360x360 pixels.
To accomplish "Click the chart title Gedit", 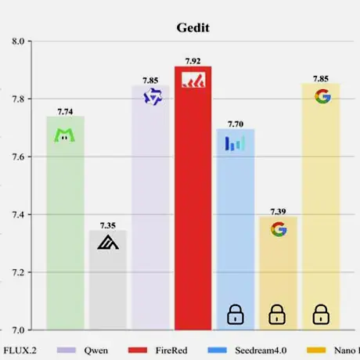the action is pyautogui.click(x=193, y=27).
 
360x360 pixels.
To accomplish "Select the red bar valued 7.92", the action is pyautogui.click(x=193, y=198).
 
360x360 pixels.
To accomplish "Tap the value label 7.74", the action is pyautogui.click(x=65, y=112).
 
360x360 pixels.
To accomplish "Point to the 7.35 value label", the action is pyautogui.click(x=108, y=225).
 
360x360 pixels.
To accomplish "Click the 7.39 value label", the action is pyautogui.click(x=278, y=211).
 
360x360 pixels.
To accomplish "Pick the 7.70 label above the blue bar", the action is pyautogui.click(x=236, y=124).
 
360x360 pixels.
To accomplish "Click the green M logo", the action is pyautogui.click(x=64, y=135).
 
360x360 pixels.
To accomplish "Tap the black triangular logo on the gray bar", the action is pyautogui.click(x=108, y=242).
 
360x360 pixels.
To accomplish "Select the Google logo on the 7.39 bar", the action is pyautogui.click(x=279, y=229).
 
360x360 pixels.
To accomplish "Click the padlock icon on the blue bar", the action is pyautogui.click(x=236, y=315).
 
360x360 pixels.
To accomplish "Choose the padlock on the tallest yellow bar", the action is pyautogui.click(x=321, y=315).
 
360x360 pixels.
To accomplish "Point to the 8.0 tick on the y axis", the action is pyautogui.click(x=18, y=41).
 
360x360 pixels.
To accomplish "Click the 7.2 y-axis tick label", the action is pyautogui.click(x=18, y=272).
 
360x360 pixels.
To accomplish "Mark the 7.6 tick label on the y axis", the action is pyautogui.click(x=18, y=157).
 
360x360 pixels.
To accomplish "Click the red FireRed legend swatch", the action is pyautogui.click(x=138, y=350).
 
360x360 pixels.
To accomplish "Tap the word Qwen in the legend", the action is pyautogui.click(x=95, y=351).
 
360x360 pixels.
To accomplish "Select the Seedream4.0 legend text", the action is pyautogui.click(x=261, y=351).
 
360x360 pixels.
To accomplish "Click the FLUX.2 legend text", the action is pyautogui.click(x=20, y=351).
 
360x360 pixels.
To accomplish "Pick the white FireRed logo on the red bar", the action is pyautogui.click(x=193, y=80).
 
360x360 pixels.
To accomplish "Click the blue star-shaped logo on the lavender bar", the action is pyautogui.click(x=153, y=97).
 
